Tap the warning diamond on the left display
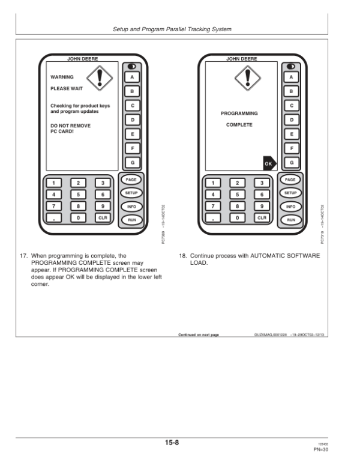coord(100,77)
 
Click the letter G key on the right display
coord(291,162)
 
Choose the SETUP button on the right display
coord(290,193)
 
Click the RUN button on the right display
coord(290,220)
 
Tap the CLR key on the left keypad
coord(103,218)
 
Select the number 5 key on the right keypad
coord(237,195)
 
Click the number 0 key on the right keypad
coord(237,218)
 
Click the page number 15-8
coord(173,443)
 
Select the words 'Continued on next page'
coord(199,334)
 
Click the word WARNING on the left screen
coord(62,77)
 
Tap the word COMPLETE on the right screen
coord(239,125)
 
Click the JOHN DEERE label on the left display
coord(82,59)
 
